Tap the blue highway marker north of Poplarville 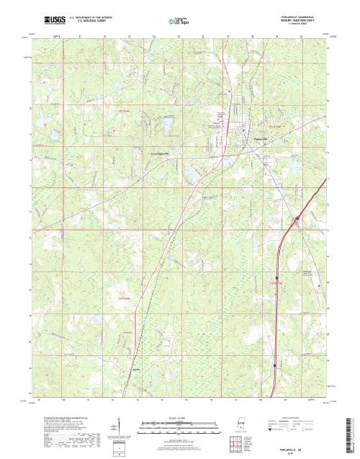click(x=229, y=92)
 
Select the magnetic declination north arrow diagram click(x=118, y=425)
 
